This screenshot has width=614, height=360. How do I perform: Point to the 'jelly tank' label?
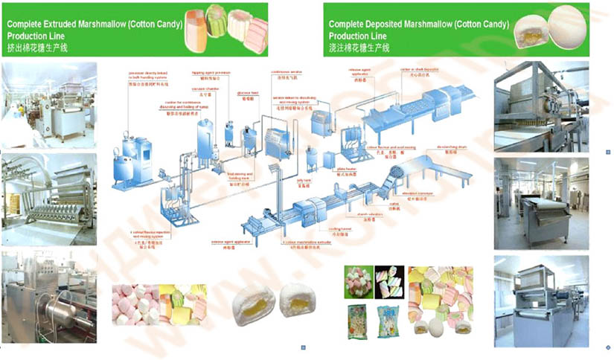[x=304, y=181]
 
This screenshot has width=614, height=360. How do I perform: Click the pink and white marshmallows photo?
[x=134, y=306]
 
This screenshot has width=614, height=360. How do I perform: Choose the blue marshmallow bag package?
[x=388, y=319]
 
